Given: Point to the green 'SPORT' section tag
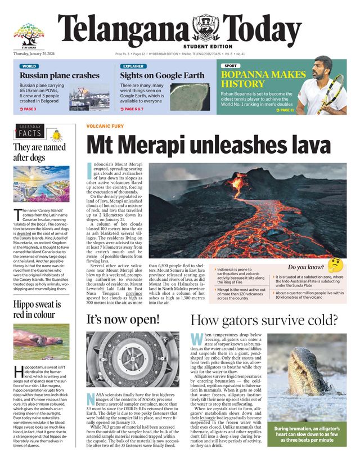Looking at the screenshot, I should (230, 66).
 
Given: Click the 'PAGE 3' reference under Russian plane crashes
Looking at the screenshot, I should (28, 109).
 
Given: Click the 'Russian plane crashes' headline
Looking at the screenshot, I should (59, 75).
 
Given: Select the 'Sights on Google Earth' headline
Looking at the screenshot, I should (162, 75).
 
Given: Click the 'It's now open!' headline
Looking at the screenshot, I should (123, 319).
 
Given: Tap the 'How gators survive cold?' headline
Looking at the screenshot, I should (264, 320).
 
